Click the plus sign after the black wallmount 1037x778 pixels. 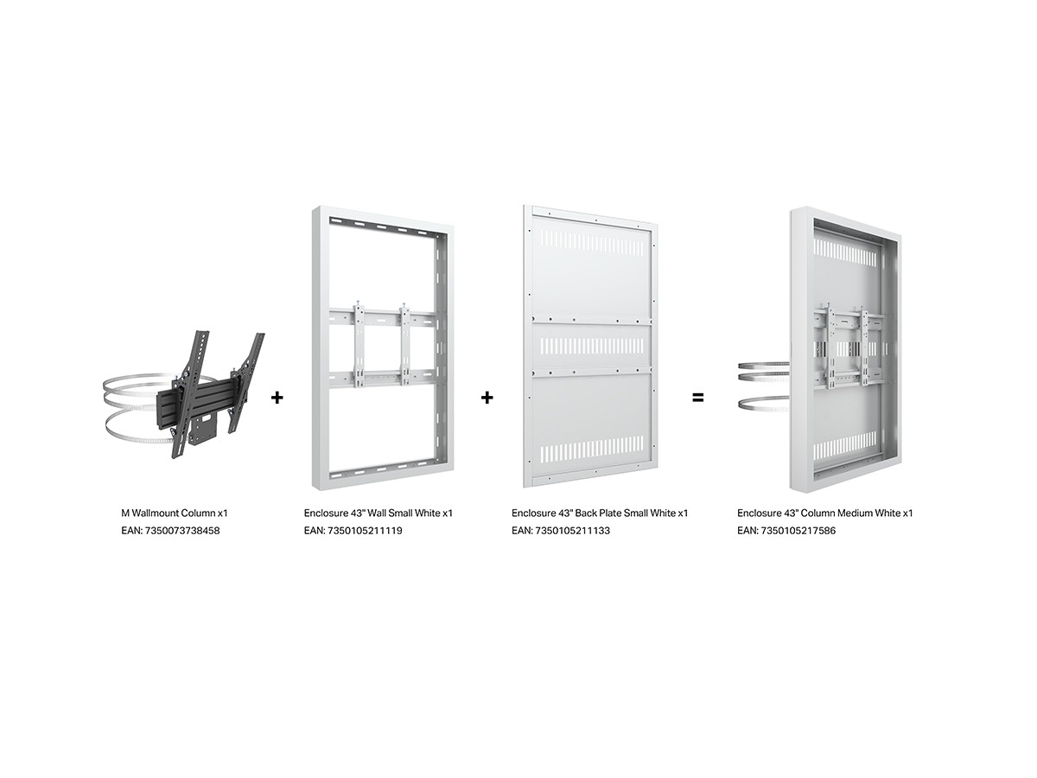tap(277, 398)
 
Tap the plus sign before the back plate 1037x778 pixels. tap(487, 398)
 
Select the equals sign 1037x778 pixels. tap(697, 398)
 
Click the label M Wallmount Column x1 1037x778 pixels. tap(175, 513)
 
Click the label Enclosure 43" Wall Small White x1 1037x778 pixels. tap(379, 513)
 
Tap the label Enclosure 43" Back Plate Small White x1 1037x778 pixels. tap(600, 513)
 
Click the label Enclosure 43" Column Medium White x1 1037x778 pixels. tap(825, 513)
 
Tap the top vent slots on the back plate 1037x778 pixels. tap(591, 243)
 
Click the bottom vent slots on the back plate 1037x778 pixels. tap(591, 448)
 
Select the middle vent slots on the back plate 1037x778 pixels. tap(591, 347)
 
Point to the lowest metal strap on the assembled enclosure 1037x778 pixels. tap(763, 404)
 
